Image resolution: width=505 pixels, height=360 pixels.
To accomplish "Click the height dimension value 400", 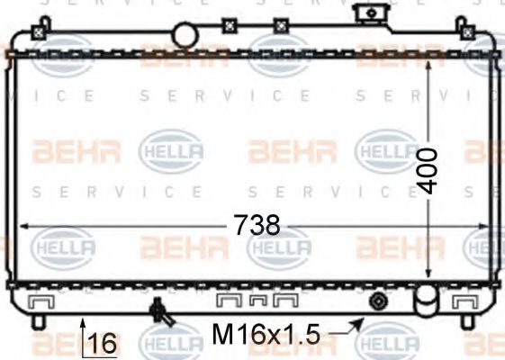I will tap(428, 169).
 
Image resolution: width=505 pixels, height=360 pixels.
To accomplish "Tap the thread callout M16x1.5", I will tap(266, 336).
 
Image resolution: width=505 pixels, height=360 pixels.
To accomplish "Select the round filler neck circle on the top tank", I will tap(185, 35).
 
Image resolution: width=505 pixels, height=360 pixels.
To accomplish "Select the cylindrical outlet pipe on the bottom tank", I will tap(423, 297).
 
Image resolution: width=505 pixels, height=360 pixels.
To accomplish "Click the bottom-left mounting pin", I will tap(37, 321).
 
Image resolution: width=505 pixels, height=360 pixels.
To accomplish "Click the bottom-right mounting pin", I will tap(466, 321).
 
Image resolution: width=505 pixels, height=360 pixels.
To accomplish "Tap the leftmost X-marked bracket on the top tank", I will tap(39, 31).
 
